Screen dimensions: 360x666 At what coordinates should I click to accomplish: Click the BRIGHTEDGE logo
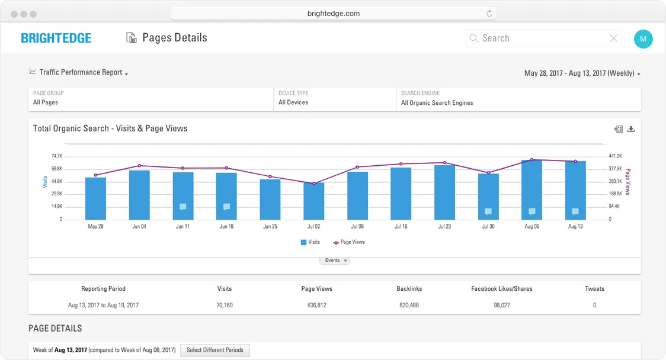56,38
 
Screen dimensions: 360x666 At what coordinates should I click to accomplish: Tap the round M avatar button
643,39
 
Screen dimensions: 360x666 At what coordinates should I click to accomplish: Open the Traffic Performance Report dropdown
79,72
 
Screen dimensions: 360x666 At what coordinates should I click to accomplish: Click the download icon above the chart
631,129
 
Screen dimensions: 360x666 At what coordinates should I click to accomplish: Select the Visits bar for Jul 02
313,201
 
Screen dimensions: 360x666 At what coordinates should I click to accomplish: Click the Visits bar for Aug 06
531,189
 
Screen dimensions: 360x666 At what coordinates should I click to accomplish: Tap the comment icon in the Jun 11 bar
183,207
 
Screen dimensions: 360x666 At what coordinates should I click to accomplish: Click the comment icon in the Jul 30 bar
488,211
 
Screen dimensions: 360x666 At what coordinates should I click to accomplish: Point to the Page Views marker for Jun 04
139,166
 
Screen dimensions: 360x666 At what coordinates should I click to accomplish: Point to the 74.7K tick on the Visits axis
57,156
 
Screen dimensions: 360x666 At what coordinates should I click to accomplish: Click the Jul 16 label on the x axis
401,227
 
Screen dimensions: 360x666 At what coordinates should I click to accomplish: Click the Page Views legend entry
349,242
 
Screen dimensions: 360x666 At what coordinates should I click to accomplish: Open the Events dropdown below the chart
335,261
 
